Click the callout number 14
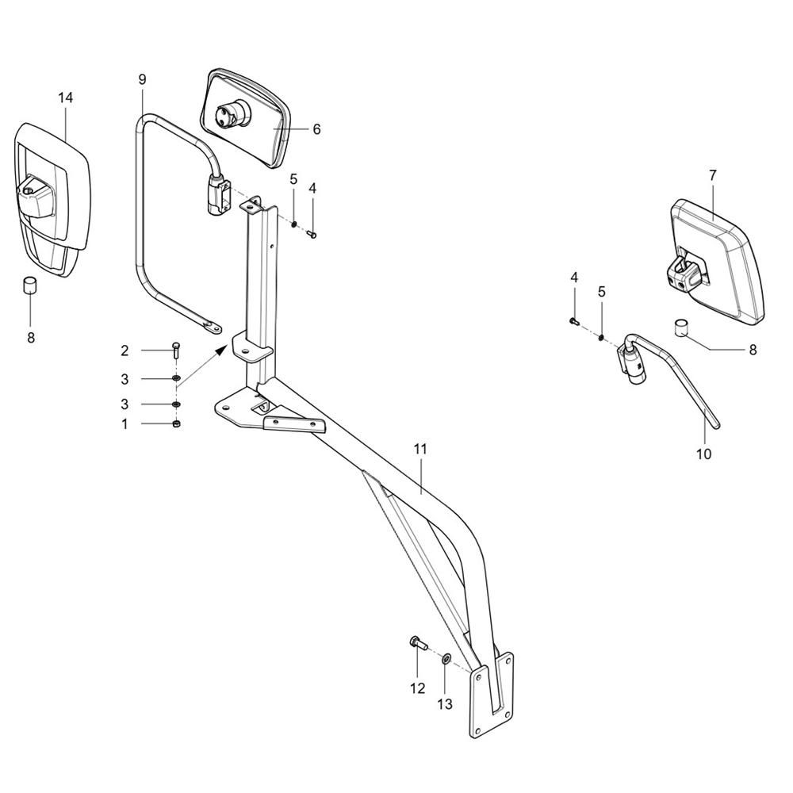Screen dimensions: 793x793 click(x=65, y=98)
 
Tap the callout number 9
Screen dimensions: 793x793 click(x=142, y=79)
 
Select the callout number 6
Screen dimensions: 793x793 click(x=316, y=129)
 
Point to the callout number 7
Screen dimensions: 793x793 click(x=713, y=175)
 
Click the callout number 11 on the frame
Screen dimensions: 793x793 click(x=420, y=449)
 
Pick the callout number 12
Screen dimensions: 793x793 click(x=418, y=688)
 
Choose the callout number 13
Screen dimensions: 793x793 click(x=445, y=704)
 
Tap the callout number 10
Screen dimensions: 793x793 click(x=704, y=454)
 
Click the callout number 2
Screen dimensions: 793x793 click(x=125, y=351)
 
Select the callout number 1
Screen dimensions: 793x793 click(x=125, y=424)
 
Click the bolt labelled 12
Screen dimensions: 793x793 click(x=418, y=644)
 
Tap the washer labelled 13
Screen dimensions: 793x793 click(x=446, y=660)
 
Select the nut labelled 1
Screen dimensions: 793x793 click(x=176, y=423)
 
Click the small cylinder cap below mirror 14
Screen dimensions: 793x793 click(x=30, y=285)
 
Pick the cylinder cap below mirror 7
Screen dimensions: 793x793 click(x=683, y=328)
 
